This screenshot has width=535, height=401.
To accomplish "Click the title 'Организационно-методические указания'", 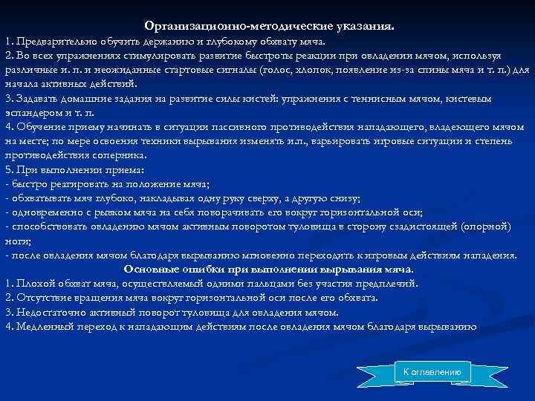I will pos(270,25).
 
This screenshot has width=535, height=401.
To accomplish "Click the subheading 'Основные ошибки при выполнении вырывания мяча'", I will pos(268,269).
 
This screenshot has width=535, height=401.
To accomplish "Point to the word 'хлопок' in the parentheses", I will pos(332,70).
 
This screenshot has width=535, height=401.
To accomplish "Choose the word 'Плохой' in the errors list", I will pos(32,283).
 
